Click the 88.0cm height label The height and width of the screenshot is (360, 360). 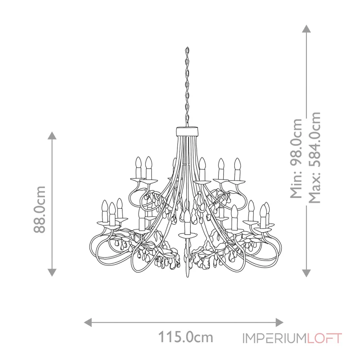coord(40,209)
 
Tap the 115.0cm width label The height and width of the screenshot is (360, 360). coord(185,337)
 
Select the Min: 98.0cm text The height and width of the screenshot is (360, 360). coord(296,158)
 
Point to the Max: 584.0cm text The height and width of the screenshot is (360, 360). coord(314,158)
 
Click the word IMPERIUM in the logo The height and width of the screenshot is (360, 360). coord(274,338)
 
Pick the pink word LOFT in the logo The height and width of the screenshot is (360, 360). coord(324,338)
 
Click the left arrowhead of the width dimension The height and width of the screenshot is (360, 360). coord(88,322)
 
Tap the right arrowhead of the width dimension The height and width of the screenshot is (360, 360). coord(279,322)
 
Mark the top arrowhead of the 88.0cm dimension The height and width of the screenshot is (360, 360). coord(52,135)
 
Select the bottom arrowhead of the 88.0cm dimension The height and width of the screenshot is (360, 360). coord(52,273)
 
